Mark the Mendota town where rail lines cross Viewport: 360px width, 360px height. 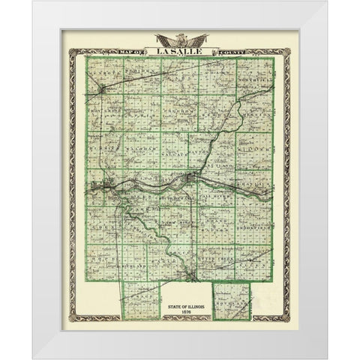(102, 91)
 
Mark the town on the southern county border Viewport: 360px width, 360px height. (192, 278)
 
